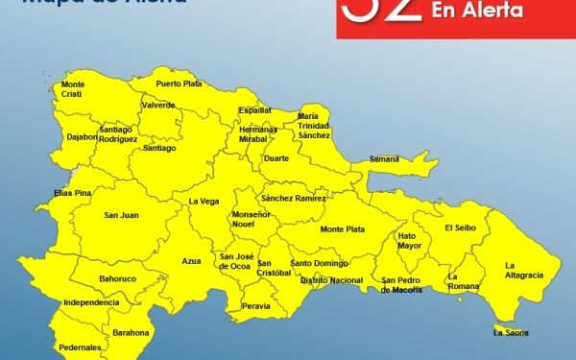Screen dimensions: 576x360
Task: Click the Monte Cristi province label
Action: pos(73,88)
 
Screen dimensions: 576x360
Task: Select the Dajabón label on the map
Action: pos(80,136)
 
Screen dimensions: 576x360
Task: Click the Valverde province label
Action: pos(158,106)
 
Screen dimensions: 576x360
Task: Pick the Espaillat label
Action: pos(255,110)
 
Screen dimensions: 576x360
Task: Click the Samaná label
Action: pos(384,158)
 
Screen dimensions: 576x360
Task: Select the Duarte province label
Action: pos(276,157)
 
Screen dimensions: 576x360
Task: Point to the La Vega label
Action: pos(203,202)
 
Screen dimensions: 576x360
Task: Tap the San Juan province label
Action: pos(121,215)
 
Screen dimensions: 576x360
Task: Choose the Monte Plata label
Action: pos(343,229)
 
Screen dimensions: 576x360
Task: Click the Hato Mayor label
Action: pos(410,240)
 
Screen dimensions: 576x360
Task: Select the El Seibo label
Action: pos(462,228)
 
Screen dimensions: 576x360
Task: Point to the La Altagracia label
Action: pos(524,270)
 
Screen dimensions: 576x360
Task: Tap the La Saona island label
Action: pos(510,332)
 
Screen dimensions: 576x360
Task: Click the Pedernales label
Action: pos(80,347)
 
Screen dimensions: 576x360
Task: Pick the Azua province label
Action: pos(192,260)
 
